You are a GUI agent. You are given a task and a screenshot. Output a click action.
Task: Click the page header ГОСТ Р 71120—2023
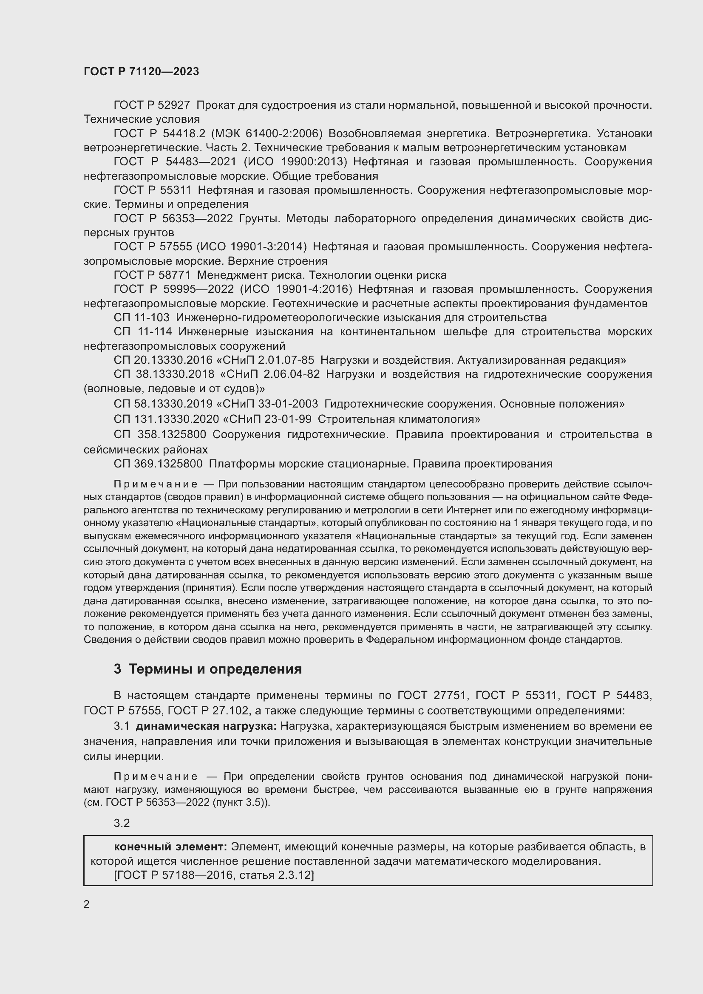pyautogui.click(x=141, y=72)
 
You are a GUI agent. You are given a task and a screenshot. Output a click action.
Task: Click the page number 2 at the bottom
pyautogui.click(x=87, y=904)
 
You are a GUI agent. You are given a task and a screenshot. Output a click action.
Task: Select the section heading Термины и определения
pyautogui.click(x=215, y=669)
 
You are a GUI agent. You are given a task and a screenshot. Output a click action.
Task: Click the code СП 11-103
pyautogui.click(x=142, y=318)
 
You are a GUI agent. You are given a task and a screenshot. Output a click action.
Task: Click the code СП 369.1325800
pyautogui.click(x=158, y=464)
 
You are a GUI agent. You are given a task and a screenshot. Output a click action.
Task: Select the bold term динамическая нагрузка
pyautogui.click(x=206, y=726)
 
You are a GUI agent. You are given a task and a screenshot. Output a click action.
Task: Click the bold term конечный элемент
pyautogui.click(x=170, y=847)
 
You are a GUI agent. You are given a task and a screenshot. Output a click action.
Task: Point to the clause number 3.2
pyautogui.click(x=122, y=823)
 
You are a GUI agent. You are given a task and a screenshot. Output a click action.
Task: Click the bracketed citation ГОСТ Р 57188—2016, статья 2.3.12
pyautogui.click(x=214, y=875)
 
